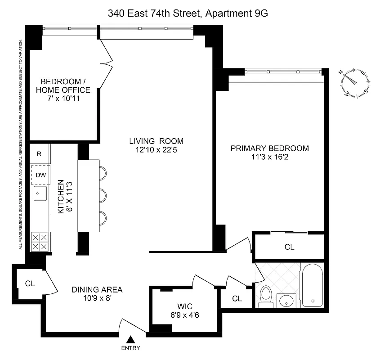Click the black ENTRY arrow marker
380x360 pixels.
(131, 340)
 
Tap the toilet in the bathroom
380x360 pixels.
(266, 297)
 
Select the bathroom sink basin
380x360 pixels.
(286, 300)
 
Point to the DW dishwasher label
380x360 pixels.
(40, 175)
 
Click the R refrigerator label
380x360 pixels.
(39, 154)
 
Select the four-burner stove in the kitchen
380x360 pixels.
(40, 242)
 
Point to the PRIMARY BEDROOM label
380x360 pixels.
(269, 148)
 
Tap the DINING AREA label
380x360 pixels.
(97, 289)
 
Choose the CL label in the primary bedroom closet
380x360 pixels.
(289, 247)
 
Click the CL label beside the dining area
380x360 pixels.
(30, 283)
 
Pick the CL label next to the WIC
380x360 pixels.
(237, 299)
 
